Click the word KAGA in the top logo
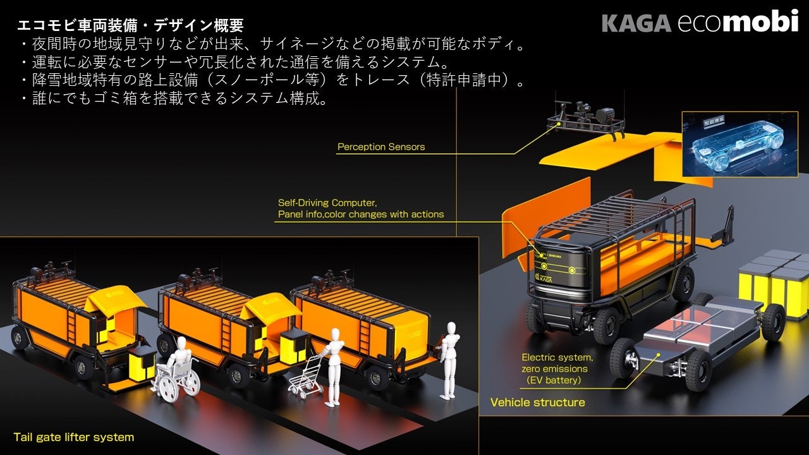click(x=636, y=23)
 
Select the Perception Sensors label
click(x=380, y=147)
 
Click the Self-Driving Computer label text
click(x=327, y=203)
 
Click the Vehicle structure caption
click(x=537, y=403)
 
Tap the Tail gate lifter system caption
click(x=74, y=437)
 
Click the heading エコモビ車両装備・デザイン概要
click(x=130, y=26)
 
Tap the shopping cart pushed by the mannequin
click(x=307, y=378)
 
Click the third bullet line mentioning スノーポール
click(x=272, y=81)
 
